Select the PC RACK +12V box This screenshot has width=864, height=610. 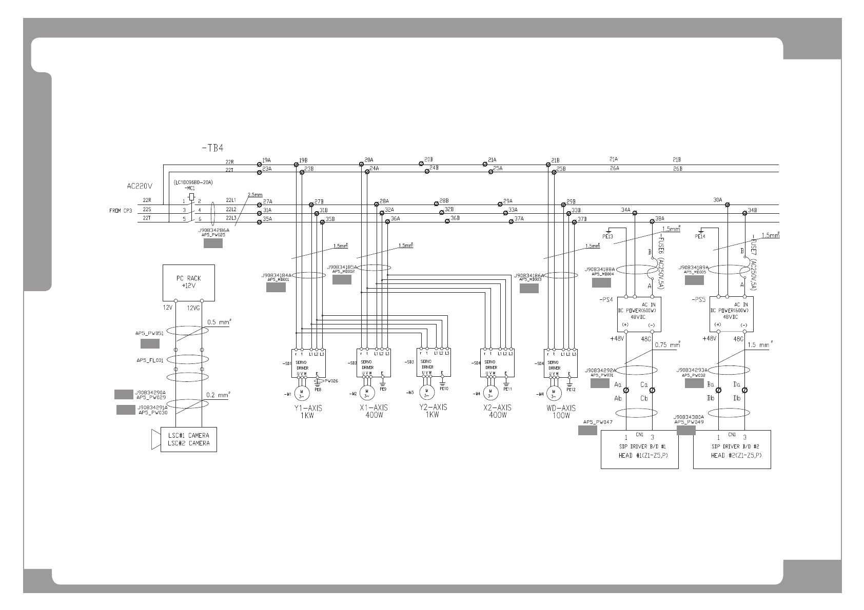tap(189, 282)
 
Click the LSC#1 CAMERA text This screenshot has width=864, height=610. tap(189, 435)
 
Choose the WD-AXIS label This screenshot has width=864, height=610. tap(561, 408)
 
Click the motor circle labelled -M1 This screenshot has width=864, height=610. tap(302, 393)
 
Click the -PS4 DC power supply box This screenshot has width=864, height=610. tap(638, 314)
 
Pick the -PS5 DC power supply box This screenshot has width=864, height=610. tap(731, 314)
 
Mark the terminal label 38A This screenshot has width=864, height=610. tap(660, 218)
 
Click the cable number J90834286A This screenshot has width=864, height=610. tap(213, 230)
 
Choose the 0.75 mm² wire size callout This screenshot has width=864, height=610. tap(667, 345)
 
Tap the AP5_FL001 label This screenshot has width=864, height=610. tap(150, 360)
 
